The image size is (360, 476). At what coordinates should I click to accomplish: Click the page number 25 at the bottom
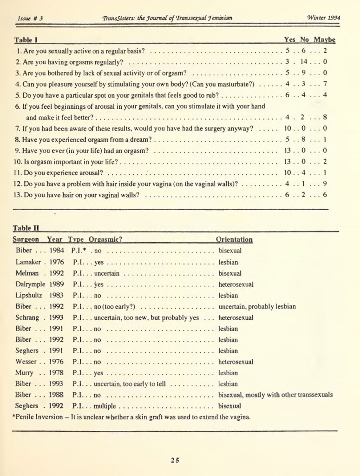click(x=175, y=460)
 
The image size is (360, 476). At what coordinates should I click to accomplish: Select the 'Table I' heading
click(x=26, y=40)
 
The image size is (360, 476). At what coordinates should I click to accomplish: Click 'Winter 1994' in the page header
click(x=324, y=18)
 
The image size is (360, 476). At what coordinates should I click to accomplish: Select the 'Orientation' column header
click(x=234, y=240)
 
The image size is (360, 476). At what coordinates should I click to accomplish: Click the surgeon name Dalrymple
click(x=31, y=284)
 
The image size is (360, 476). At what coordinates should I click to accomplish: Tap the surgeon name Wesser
click(x=26, y=362)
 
